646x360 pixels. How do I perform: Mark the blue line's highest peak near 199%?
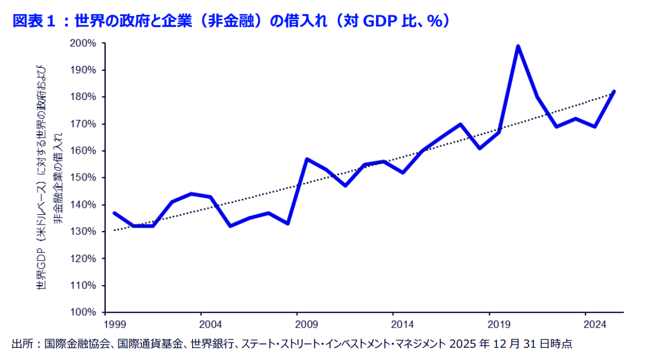518,46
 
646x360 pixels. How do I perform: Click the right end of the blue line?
614,92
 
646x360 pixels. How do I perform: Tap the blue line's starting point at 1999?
114,213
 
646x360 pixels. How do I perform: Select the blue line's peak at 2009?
307,159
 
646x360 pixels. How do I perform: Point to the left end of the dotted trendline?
115,230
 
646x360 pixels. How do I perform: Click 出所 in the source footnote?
21,344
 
